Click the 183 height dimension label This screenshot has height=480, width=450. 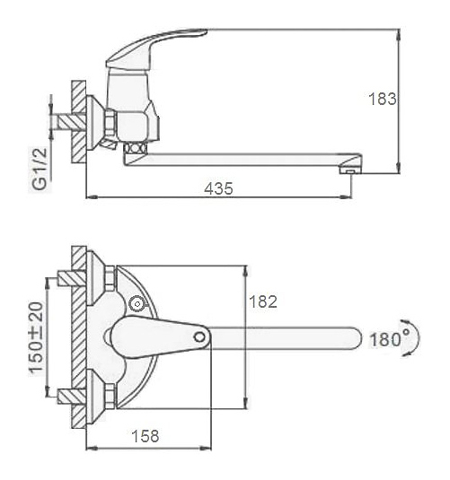[383, 99]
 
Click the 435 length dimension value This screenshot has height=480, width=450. [218, 188]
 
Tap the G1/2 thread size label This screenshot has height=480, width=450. [40, 170]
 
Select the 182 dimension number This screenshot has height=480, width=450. [263, 301]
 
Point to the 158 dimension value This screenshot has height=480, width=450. [146, 436]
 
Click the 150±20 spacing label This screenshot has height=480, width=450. [36, 337]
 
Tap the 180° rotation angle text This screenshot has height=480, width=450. [385, 339]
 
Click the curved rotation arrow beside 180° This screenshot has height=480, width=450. [416, 338]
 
